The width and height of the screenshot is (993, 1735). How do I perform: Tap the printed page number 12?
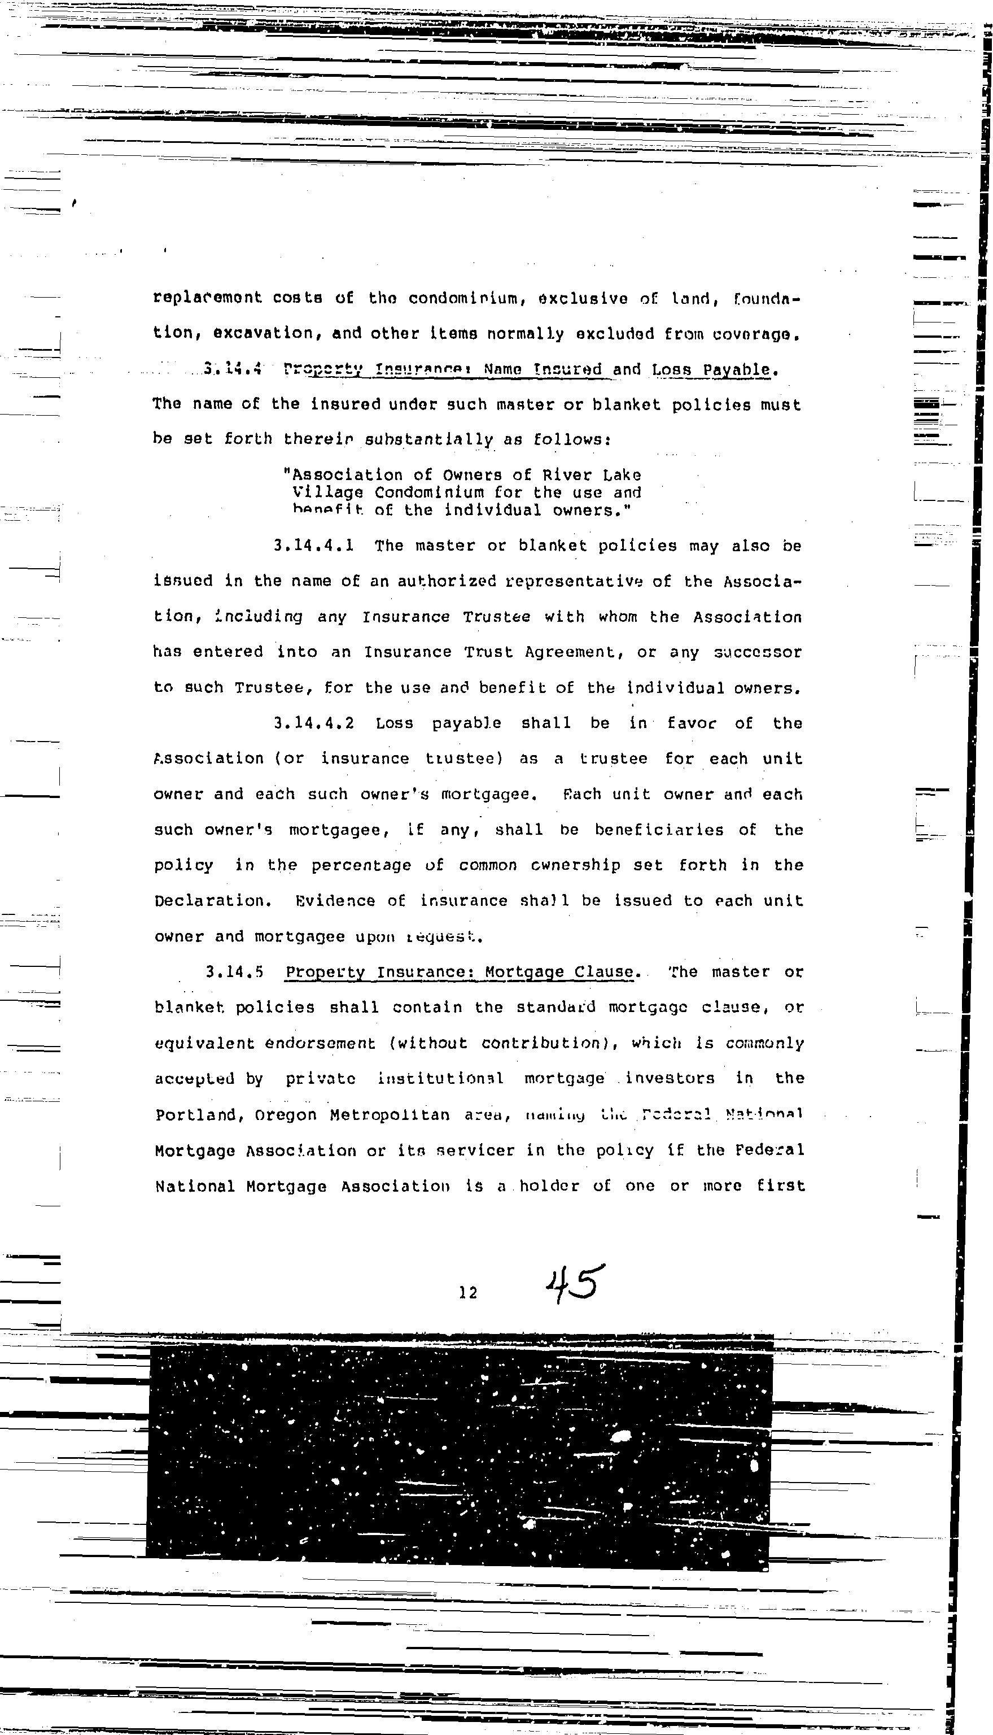pyautogui.click(x=468, y=1292)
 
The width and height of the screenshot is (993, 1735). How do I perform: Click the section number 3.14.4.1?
pyautogui.click(x=313, y=546)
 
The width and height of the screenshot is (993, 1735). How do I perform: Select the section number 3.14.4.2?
pyautogui.click(x=314, y=723)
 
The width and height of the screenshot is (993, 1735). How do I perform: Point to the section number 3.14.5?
pyautogui.click(x=235, y=971)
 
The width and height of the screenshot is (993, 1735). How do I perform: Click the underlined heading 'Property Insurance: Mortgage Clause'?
pyautogui.click(x=460, y=971)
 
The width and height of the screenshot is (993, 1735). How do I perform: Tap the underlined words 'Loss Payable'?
pyautogui.click(x=711, y=370)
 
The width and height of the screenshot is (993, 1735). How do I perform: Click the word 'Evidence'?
pyautogui.click(x=335, y=901)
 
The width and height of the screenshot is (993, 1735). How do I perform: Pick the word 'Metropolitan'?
pyautogui.click(x=390, y=1115)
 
